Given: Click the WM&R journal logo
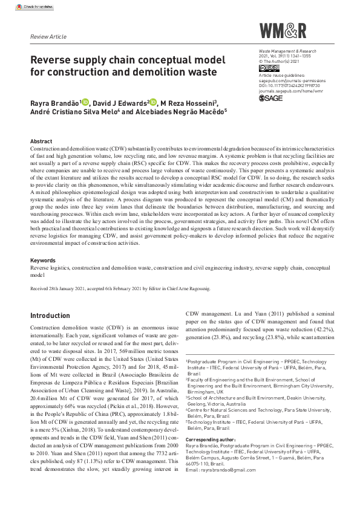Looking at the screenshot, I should tap(283, 31).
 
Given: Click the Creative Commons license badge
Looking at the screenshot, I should tap(266, 68).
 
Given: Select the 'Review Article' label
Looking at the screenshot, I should tap(48, 37).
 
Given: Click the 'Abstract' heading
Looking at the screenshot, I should tap(41, 141).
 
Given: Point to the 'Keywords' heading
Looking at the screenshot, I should tap(42, 260).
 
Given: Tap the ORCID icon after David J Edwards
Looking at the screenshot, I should tap(154, 102).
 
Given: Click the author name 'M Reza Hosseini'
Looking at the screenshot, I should tap(189, 103).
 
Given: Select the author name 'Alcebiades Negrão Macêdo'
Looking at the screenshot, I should tap(176, 112).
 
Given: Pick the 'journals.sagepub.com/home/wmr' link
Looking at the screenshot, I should tap(290, 91).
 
